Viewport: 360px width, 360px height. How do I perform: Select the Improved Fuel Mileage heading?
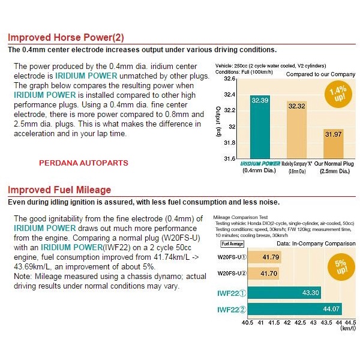pos(59,190)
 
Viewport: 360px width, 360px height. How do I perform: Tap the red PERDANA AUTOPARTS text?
pos(83,163)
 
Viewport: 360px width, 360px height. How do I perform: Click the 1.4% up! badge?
pos(337,94)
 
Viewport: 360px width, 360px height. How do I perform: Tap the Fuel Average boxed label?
pos(232,244)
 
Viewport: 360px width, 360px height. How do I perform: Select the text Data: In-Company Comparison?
pos(313,244)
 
